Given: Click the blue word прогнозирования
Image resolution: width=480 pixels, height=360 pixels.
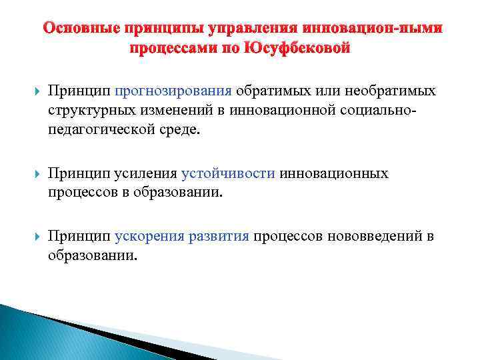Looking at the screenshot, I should point(173,91).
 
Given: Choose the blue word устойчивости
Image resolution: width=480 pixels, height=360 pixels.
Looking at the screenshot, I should point(228,173).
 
